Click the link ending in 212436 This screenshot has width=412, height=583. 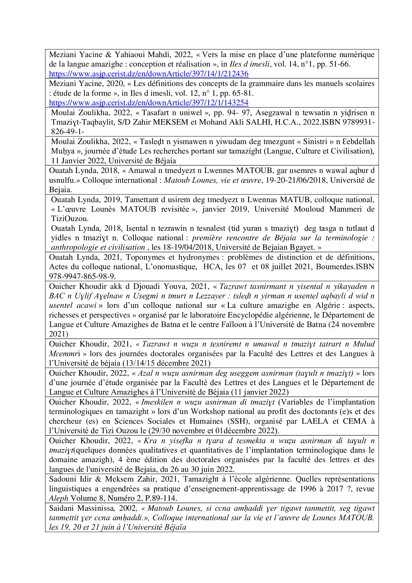point(149,74)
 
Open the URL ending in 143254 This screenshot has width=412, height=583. point(149,103)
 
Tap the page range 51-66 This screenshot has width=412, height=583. point(339,64)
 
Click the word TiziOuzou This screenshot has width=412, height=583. point(70,219)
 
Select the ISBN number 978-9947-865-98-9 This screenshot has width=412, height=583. point(82,276)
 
